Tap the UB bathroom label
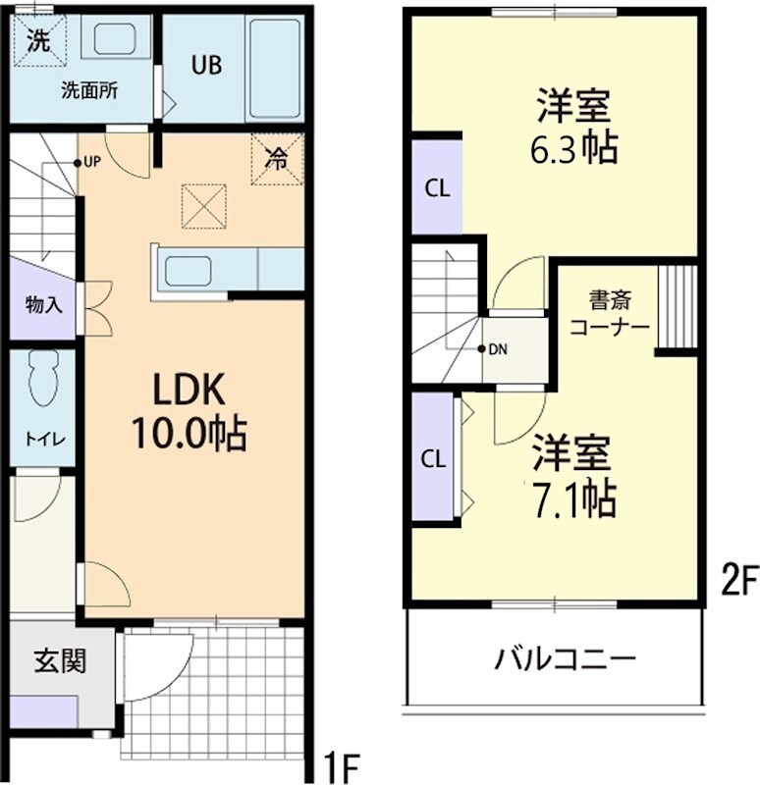coord(206,65)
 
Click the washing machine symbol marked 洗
coord(38,40)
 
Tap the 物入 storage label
coord(43,304)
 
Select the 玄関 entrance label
coord(60,660)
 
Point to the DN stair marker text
coord(499,349)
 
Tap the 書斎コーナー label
coord(610,312)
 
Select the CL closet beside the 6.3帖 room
coord(437,189)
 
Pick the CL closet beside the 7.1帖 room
coord(433,458)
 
